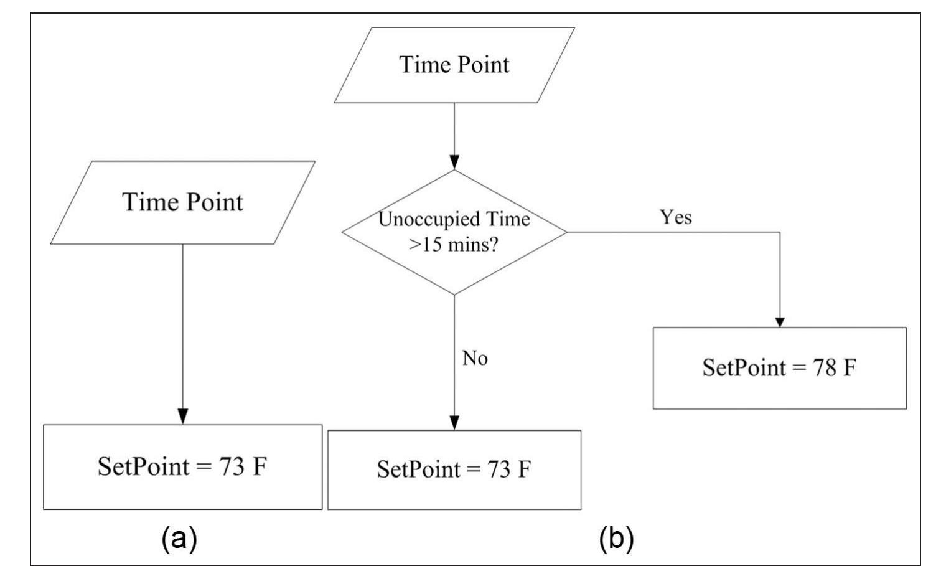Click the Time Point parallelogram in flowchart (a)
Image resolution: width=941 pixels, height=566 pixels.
(182, 202)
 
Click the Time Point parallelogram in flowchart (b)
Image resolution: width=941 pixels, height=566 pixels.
(454, 65)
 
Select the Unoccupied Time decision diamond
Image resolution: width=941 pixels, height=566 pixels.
(454, 232)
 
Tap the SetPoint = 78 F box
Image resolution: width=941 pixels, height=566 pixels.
(779, 368)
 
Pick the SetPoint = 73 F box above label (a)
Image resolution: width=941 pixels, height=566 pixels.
(182, 467)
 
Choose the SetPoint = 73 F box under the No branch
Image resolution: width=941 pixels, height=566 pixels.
(454, 469)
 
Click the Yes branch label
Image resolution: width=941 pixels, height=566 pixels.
(676, 217)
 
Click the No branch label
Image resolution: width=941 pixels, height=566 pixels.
(475, 359)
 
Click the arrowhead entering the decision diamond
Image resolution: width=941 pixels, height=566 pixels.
(454, 163)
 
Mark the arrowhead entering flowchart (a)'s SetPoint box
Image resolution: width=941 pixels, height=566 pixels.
(182, 417)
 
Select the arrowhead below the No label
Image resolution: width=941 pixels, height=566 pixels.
(454, 422)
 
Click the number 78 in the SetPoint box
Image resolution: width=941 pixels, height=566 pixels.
(825, 368)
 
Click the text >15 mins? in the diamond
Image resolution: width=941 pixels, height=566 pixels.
(454, 245)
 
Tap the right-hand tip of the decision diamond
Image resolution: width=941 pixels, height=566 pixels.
(566, 232)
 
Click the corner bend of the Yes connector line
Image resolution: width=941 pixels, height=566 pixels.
(779, 232)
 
